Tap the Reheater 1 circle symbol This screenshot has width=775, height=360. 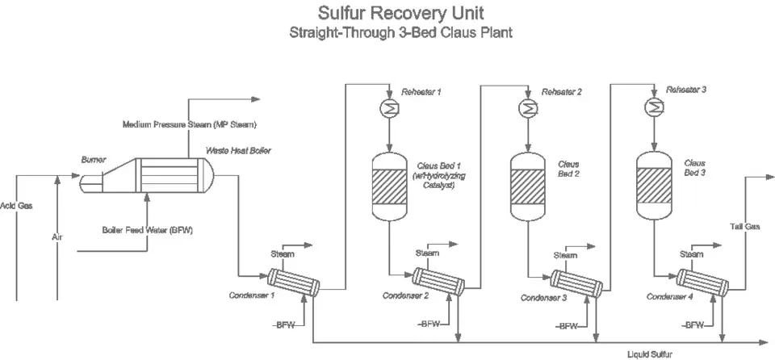[385, 107]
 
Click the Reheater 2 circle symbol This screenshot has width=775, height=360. [526, 107]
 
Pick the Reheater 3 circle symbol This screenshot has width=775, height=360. [651, 107]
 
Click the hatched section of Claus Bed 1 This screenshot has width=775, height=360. [390, 188]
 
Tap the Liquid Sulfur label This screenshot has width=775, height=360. [649, 354]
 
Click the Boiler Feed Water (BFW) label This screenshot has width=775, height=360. [147, 230]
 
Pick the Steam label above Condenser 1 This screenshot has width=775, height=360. [282, 253]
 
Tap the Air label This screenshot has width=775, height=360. [57, 238]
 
